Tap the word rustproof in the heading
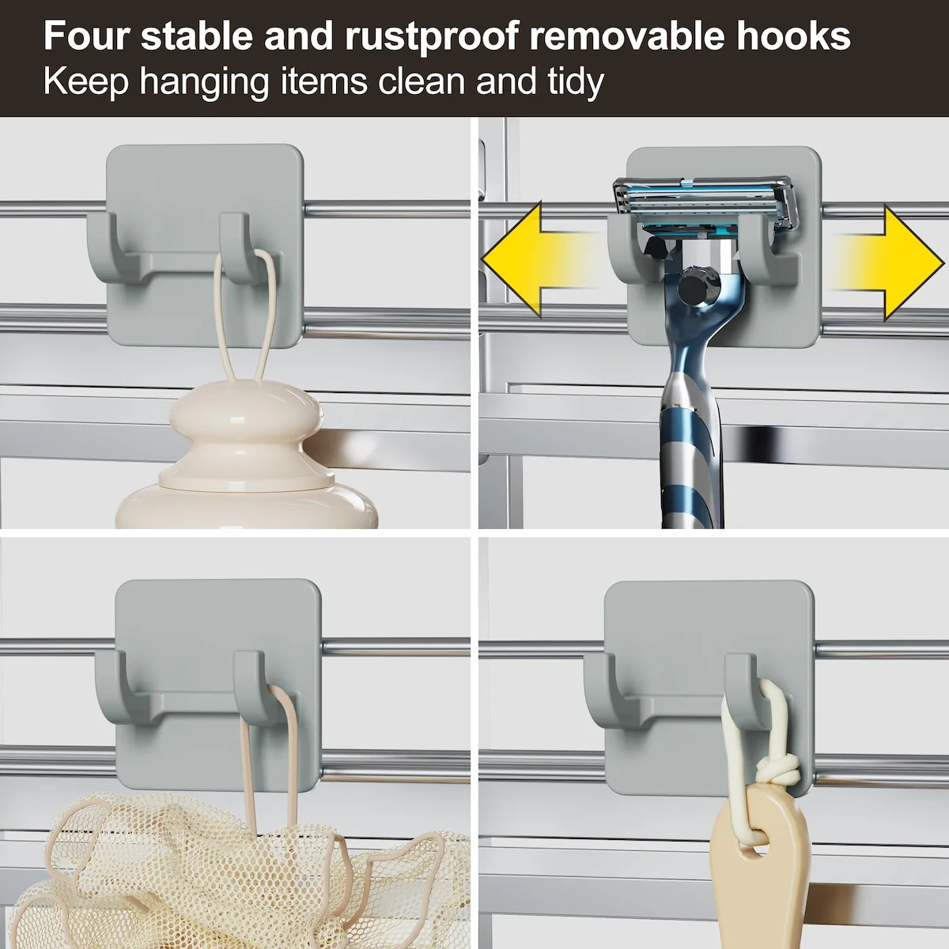tap(432, 37)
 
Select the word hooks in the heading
tap(793, 36)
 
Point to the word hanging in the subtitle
tap(204, 81)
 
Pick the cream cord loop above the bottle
tap(244, 316)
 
